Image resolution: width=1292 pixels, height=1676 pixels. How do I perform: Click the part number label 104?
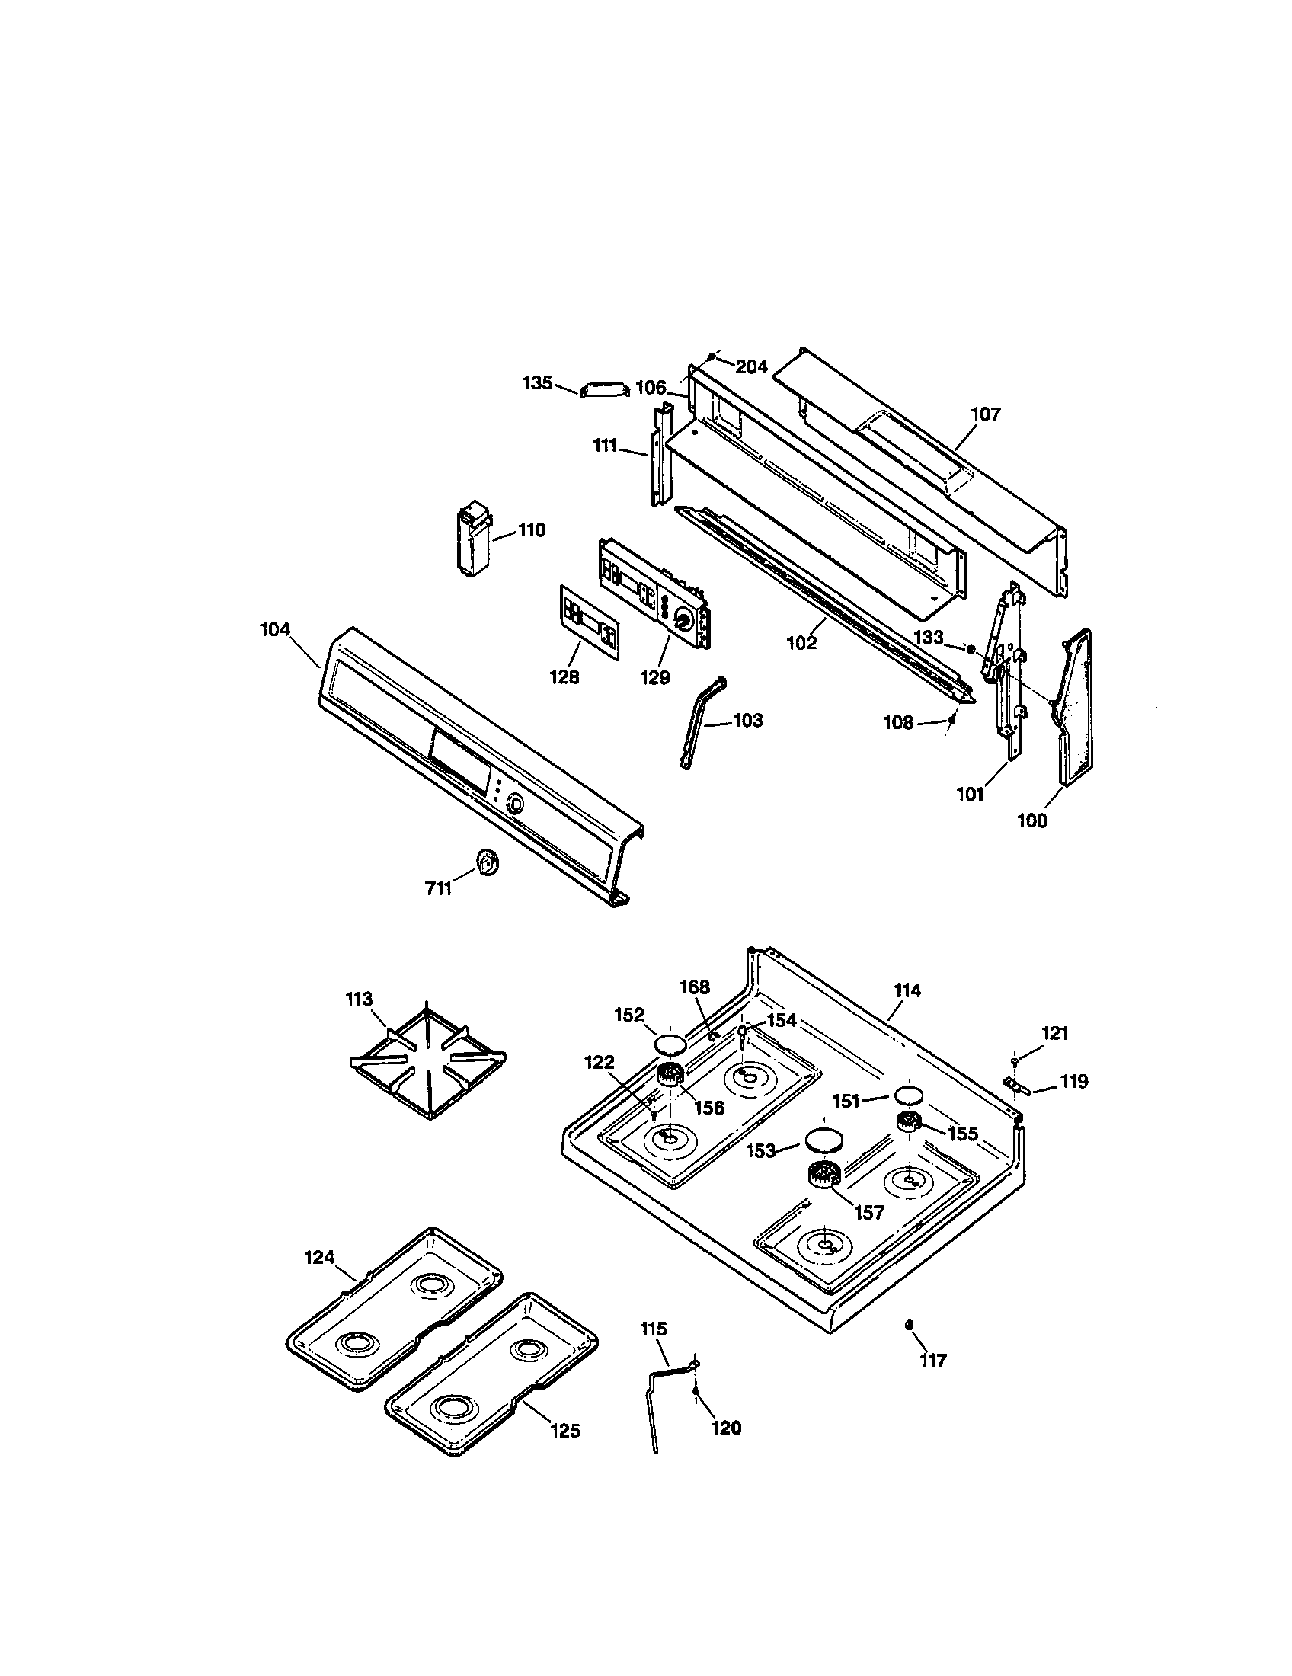point(275,630)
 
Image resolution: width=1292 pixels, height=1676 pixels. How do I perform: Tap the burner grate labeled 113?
point(427,1062)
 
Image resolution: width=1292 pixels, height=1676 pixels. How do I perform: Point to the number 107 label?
point(986,414)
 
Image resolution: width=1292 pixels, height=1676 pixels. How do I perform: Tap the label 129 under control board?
point(655,677)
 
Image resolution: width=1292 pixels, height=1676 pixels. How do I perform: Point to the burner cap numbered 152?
point(668,1044)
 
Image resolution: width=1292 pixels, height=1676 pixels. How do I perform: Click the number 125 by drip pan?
point(564,1431)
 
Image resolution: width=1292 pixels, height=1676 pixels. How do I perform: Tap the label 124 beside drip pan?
point(319,1257)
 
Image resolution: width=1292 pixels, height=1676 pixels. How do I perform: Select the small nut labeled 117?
point(909,1325)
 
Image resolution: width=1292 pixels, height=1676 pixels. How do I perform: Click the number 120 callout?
point(726,1428)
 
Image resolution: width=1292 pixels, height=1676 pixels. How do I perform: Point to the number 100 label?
point(1031,820)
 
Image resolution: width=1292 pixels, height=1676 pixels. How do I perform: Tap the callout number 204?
point(751,367)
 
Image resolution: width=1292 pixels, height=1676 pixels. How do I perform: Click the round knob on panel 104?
point(515,804)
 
